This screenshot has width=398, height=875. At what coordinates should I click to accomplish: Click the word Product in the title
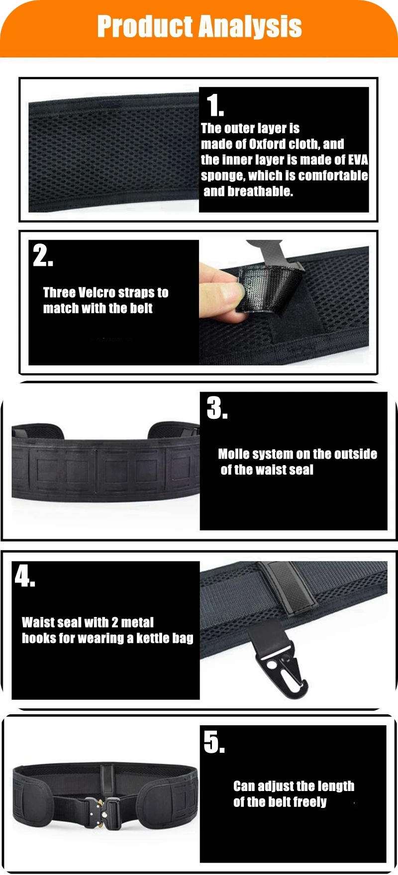click(x=145, y=27)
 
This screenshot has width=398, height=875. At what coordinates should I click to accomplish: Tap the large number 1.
click(x=215, y=105)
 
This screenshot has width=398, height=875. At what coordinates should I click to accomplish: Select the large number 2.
click(x=43, y=255)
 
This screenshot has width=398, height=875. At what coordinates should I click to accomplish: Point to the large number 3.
click(x=217, y=408)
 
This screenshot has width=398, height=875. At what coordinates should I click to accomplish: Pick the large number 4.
click(x=24, y=575)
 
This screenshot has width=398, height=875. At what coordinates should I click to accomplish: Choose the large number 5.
click(x=214, y=742)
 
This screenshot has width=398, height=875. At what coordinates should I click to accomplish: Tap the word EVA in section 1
click(x=358, y=160)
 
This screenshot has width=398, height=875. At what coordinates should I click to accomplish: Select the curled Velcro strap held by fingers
click(x=269, y=288)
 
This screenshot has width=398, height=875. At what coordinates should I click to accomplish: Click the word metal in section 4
click(x=138, y=622)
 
